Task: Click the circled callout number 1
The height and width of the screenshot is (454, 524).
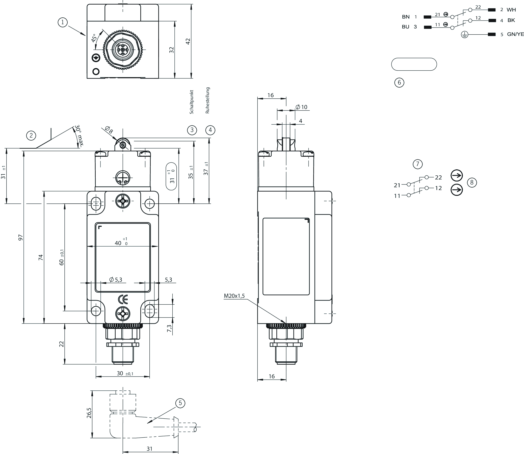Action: (63, 22)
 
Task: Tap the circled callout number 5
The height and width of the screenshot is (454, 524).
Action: (180, 403)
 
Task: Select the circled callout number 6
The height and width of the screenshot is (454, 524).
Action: (399, 82)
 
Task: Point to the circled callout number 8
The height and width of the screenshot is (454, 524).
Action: (472, 182)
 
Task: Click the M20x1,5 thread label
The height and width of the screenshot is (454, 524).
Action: (234, 296)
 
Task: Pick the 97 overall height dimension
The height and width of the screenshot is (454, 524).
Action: (20, 237)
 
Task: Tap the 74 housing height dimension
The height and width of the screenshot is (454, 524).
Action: (41, 257)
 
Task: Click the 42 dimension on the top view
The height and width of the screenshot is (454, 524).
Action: (188, 41)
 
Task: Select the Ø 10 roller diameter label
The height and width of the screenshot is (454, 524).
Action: (301, 107)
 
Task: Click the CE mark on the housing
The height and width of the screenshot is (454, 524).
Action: (123, 300)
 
